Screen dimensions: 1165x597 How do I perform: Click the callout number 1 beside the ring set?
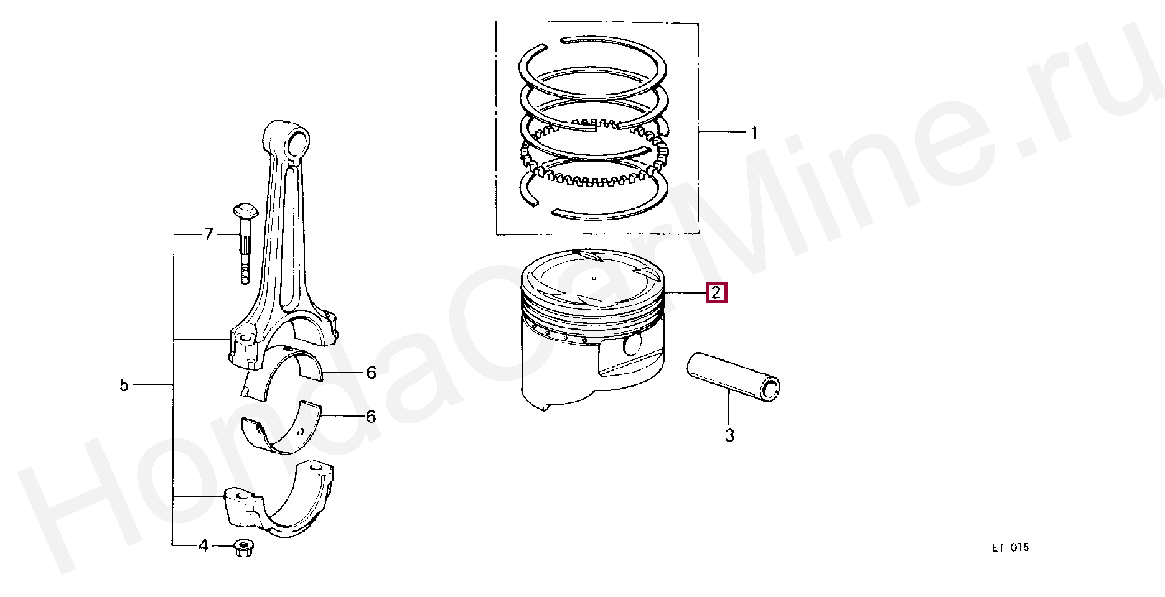pyautogui.click(x=754, y=132)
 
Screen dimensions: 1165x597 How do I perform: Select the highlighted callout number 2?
pyautogui.click(x=716, y=292)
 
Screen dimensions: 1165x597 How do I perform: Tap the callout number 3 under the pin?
pyautogui.click(x=729, y=436)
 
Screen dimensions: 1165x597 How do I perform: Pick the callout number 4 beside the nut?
pyautogui.click(x=203, y=546)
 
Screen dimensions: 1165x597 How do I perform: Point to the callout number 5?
pyautogui.click(x=124, y=386)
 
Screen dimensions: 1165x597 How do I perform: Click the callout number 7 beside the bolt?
pyautogui.click(x=208, y=234)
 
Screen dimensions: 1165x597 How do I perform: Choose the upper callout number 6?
pyautogui.click(x=371, y=373)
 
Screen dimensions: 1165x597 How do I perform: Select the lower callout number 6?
pyautogui.click(x=371, y=416)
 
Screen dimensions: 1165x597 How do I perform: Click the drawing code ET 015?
pyautogui.click(x=1011, y=548)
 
